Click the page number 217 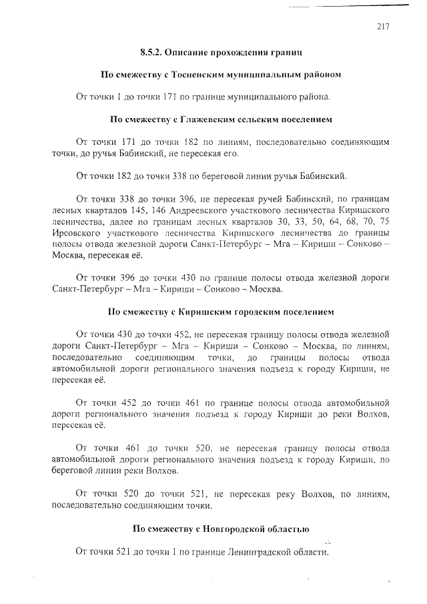point(382,27)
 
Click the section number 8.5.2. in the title point(152,51)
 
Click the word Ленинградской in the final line point(257,553)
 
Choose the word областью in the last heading point(290,530)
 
